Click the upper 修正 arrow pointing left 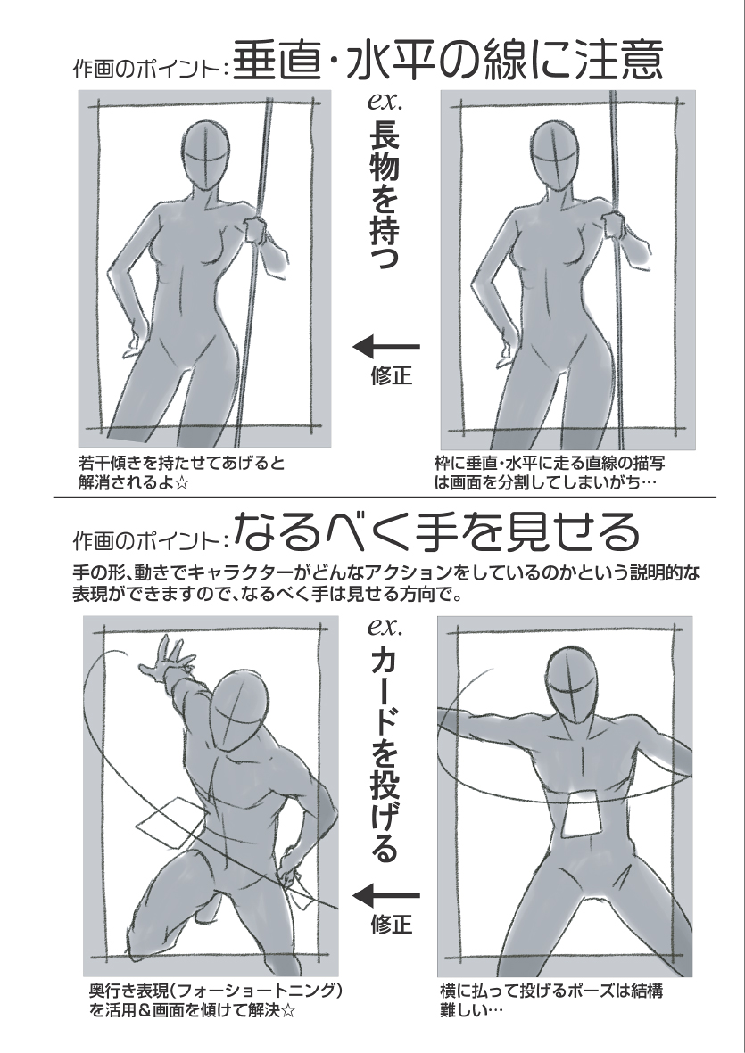[x=386, y=347]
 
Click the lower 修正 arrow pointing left [x=386, y=895]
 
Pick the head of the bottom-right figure [x=571, y=684]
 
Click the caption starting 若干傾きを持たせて [x=181, y=473]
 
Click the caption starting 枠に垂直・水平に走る [x=550, y=473]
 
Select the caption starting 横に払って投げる [x=551, y=1000]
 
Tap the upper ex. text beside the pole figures [x=385, y=102]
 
